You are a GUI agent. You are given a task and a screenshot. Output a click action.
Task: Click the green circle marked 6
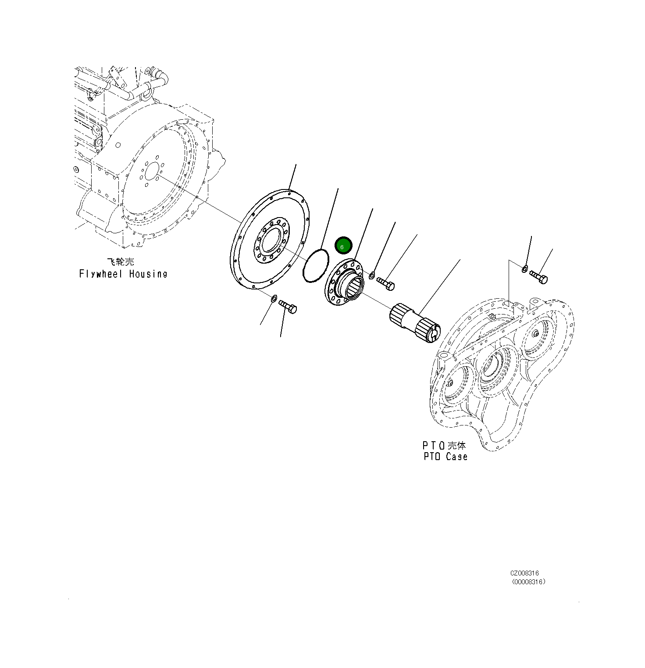[343, 246]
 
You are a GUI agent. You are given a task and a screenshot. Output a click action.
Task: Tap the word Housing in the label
[148, 274]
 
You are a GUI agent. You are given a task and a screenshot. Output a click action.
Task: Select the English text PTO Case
[445, 457]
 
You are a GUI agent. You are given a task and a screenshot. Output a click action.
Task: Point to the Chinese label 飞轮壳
[121, 262]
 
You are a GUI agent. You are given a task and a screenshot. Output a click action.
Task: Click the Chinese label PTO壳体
[444, 445]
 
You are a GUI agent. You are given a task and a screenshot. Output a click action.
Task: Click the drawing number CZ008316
[524, 573]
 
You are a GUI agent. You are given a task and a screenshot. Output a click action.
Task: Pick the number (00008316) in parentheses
[528, 582]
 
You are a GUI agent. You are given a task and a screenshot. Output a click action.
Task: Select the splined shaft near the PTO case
[414, 325]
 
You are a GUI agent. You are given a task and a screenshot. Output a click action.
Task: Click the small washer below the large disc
[274, 299]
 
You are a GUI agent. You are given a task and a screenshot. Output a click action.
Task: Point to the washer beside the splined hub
[372, 275]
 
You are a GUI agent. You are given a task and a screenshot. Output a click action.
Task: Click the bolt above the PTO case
[538, 277]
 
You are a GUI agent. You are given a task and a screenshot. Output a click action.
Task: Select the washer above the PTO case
[525, 268]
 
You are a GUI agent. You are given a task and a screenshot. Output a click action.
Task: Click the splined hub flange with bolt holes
[345, 283]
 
